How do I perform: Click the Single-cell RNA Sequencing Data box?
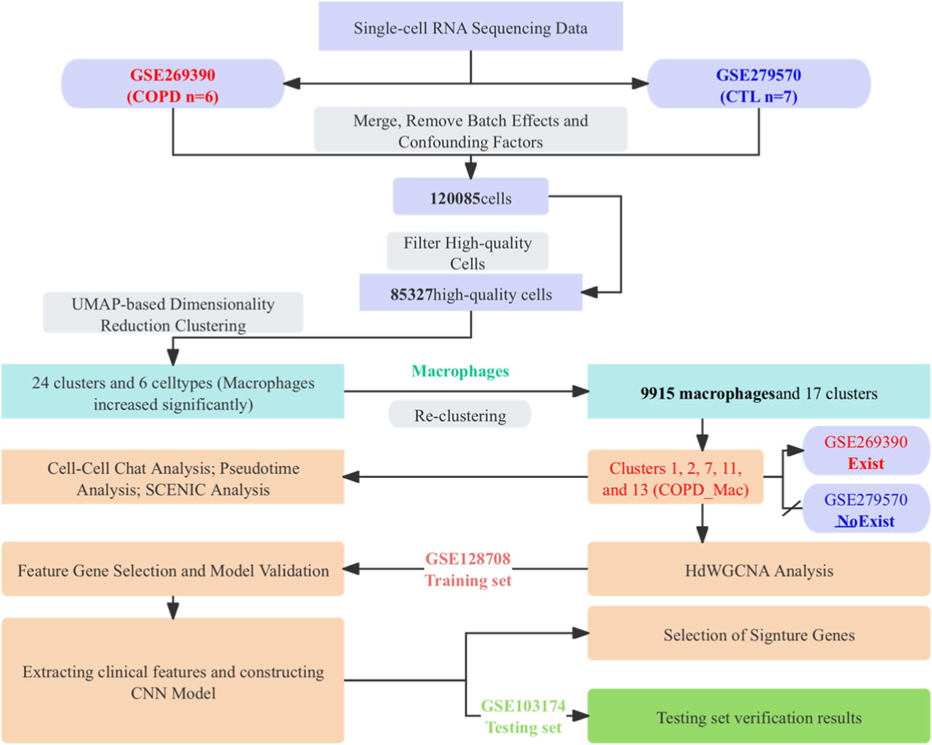(x=470, y=27)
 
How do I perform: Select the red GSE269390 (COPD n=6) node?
(x=173, y=85)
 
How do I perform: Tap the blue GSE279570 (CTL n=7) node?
(x=758, y=85)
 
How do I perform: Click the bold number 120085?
(x=455, y=198)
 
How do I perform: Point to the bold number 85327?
(x=411, y=294)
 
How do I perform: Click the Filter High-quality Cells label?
(x=467, y=253)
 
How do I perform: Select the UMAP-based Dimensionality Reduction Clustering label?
(x=173, y=314)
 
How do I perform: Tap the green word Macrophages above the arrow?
(x=460, y=371)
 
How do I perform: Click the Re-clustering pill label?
(x=460, y=416)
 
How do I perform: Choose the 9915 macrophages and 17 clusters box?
(x=758, y=393)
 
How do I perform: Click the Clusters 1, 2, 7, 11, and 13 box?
(x=675, y=478)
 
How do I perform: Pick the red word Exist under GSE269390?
(x=866, y=464)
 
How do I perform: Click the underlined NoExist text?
(x=865, y=521)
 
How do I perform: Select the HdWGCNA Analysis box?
(x=758, y=570)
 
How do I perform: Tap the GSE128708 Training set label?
(x=468, y=569)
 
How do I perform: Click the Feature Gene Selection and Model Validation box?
(x=173, y=570)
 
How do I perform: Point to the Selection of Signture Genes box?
(x=758, y=635)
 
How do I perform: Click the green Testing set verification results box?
(x=758, y=717)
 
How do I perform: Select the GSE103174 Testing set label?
(x=523, y=716)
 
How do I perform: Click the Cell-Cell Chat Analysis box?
(x=173, y=478)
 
